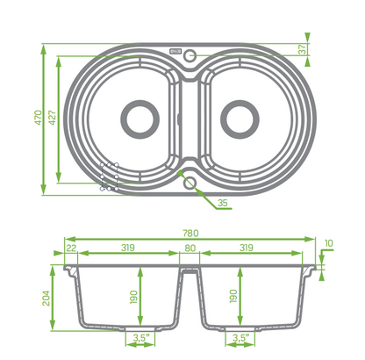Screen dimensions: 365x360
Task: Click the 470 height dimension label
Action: pyautogui.click(x=39, y=118)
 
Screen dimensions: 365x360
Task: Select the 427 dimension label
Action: pyautogui.click(x=53, y=118)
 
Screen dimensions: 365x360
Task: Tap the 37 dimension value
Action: pyautogui.click(x=304, y=49)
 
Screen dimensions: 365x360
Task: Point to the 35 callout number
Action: pyautogui.click(x=223, y=203)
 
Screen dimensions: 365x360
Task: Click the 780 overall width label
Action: pyautogui.click(x=190, y=234)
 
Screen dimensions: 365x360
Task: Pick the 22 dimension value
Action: pyautogui.click(x=71, y=248)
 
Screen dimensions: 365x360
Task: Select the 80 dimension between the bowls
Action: pyautogui.click(x=190, y=248)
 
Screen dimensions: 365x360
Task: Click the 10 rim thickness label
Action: pyautogui.click(x=329, y=243)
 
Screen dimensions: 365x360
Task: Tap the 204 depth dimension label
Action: pyautogui.click(x=47, y=298)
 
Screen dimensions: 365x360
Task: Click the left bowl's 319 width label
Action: pyautogui.click(x=128, y=248)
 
